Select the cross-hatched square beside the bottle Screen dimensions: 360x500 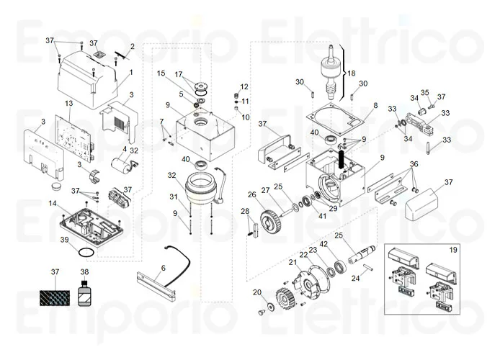coord(55,296)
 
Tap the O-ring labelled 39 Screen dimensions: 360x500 coord(84,253)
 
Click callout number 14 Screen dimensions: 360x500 coord(53,204)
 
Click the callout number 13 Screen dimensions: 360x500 coord(69,104)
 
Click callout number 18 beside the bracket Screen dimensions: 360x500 coord(352,73)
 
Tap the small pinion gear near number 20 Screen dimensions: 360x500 coord(282,300)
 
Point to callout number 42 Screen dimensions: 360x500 coord(323,245)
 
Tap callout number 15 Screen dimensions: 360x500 coord(161,73)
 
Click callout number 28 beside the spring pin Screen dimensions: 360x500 coord(244,211)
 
